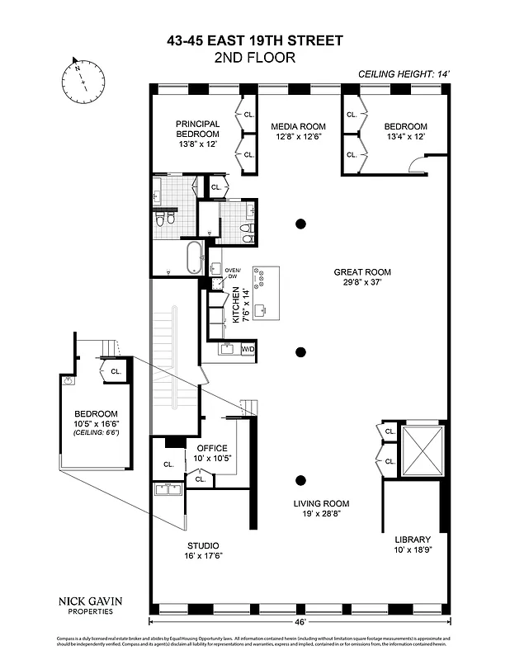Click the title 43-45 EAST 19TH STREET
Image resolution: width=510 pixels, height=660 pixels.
coord(254,40)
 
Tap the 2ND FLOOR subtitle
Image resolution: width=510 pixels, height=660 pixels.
coord(254,57)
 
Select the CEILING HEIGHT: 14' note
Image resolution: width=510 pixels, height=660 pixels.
coord(404,73)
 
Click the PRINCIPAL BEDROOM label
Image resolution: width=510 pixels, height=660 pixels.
coord(197,129)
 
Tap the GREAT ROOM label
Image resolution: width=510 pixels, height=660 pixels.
coord(362,271)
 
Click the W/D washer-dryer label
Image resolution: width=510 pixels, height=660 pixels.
coord(248,349)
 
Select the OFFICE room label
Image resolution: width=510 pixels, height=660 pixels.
coord(212,448)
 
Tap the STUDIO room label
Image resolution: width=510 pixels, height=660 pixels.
coord(202,545)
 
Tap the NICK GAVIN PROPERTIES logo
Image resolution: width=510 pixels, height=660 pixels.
coord(86,606)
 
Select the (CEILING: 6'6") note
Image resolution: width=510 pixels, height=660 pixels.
coord(96,432)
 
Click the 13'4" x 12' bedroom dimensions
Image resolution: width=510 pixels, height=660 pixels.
coord(404,137)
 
